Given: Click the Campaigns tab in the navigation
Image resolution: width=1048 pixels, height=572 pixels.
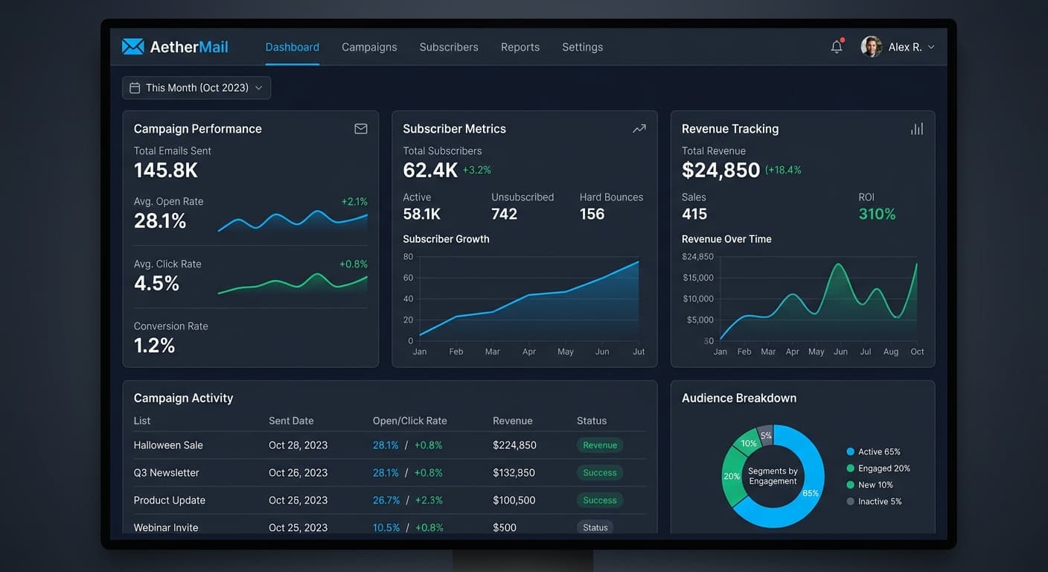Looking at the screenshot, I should [369, 47].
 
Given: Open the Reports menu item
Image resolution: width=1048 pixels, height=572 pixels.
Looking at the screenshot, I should [520, 47].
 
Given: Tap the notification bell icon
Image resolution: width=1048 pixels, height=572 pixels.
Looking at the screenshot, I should [837, 47].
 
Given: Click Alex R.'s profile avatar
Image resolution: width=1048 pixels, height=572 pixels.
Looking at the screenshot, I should [871, 47].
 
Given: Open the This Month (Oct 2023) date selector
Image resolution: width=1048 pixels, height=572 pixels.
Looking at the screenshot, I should [196, 88].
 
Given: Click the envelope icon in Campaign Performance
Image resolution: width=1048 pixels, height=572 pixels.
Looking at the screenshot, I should [361, 129].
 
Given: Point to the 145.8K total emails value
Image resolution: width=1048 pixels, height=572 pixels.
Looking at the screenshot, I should [166, 171].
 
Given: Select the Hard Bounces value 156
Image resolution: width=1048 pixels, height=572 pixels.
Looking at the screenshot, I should [592, 214].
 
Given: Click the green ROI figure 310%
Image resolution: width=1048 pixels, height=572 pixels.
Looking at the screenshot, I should [877, 214].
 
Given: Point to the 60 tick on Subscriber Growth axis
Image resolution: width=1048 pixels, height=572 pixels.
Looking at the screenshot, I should [408, 278].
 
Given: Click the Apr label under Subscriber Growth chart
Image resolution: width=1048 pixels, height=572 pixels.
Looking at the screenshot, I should [528, 352].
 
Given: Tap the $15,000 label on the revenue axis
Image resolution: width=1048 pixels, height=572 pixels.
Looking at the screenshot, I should [697, 278].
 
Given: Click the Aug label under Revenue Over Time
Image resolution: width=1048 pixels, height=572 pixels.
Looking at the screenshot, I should [891, 352].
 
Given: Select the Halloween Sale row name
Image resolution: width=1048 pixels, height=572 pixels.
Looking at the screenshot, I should [168, 445].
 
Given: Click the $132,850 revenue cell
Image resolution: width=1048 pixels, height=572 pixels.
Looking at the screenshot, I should [514, 473].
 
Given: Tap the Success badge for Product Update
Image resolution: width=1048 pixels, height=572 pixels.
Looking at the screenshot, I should [599, 500].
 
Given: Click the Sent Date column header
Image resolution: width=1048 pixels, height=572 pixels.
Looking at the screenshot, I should [291, 421].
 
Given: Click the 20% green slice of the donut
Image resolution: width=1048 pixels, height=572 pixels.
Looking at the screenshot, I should [733, 477].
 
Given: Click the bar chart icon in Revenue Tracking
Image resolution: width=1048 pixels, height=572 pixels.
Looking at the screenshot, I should [917, 129].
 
